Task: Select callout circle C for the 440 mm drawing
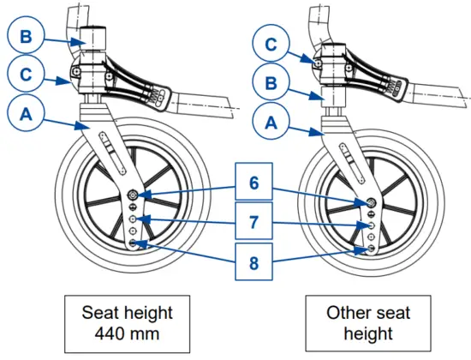27,76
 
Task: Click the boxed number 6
254,184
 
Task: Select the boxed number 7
254,220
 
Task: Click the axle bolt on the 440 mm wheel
134,197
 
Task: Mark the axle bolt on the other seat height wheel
371,203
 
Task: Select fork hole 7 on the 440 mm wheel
134,220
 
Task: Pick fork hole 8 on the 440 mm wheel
134,243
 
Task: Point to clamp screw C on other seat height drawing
318,62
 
